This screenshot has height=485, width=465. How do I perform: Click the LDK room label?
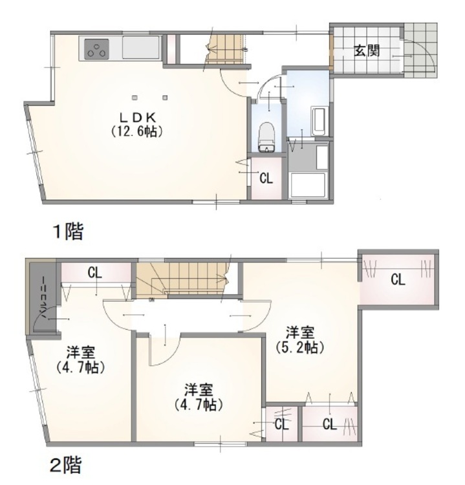coord(137,118)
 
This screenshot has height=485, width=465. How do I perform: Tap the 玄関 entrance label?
coord(367,50)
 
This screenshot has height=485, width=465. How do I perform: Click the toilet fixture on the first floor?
coord(266,137)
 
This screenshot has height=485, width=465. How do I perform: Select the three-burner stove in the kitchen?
coord(96,49)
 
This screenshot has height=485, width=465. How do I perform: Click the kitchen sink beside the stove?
coord(141,48)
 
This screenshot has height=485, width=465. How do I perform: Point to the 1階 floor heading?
coord(68,232)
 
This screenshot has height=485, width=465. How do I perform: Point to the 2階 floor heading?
coord(66,465)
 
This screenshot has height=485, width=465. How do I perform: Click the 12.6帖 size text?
coord(136,131)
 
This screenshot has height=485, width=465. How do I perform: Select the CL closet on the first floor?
coord(266,178)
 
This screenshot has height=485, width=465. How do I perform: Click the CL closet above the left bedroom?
coord(95,272)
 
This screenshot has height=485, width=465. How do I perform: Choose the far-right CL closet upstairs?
coord(398,279)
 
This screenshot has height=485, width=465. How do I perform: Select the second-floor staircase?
coord(182,278)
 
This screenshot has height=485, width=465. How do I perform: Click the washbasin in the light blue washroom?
coord(319,122)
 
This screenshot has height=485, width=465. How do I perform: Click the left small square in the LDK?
coord(135,98)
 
